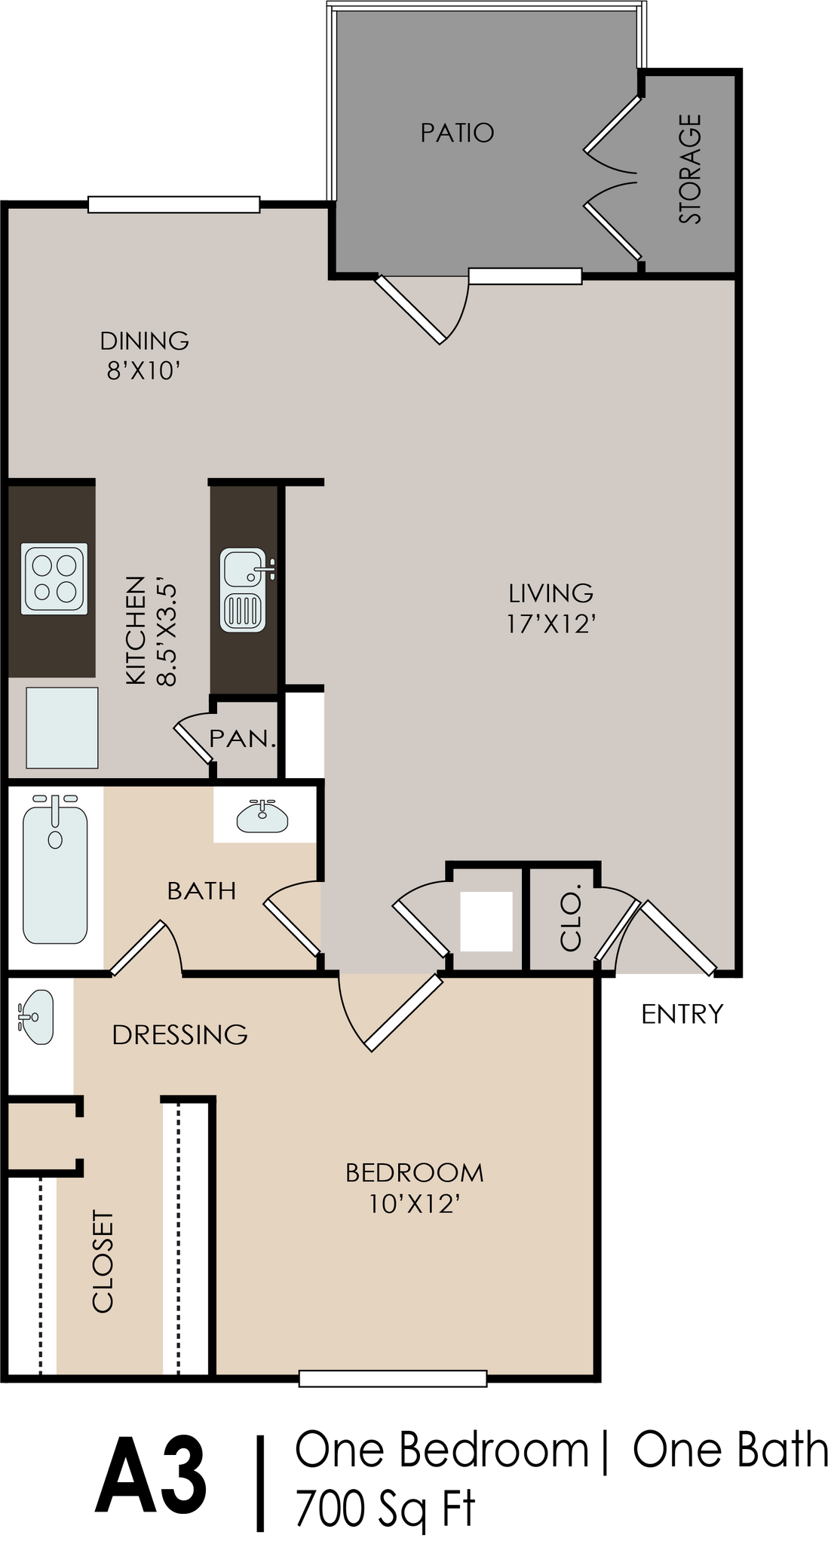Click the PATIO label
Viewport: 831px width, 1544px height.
point(457,133)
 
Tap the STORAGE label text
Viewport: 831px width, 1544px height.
point(690,169)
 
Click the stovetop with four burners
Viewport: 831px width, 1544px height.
point(54,578)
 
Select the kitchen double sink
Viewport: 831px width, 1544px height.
point(243,590)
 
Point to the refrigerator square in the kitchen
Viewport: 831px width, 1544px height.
point(62,727)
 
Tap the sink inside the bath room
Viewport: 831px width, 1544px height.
point(262,817)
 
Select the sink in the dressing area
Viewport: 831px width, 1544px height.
point(35,1017)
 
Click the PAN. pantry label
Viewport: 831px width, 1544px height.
point(242,738)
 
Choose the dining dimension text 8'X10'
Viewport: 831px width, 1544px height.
point(144,371)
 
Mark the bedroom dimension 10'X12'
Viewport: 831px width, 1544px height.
point(415,1204)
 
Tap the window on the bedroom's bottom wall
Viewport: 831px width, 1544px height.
point(392,1378)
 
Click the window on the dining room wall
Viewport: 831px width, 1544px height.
point(173,204)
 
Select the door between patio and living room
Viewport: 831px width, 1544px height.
point(411,309)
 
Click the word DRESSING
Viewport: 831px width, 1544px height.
point(179,1034)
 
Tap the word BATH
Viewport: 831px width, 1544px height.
point(201,890)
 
